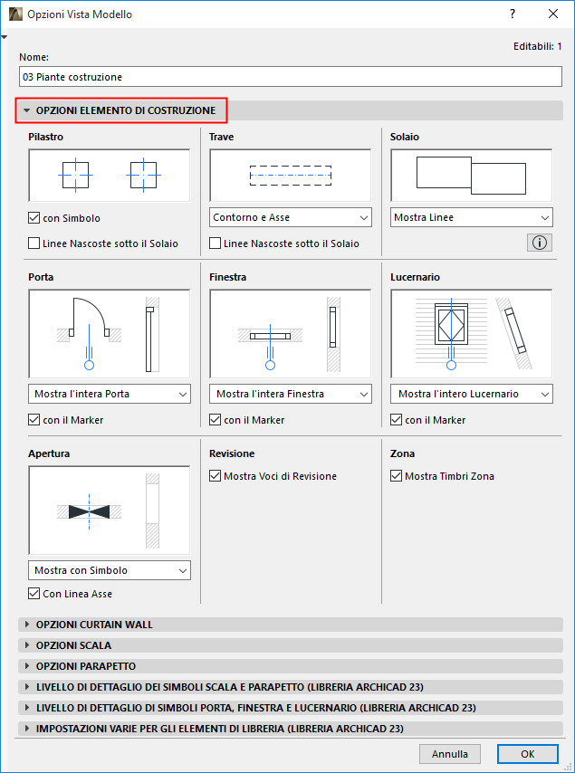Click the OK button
(528, 754)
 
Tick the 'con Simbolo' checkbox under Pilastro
(34, 218)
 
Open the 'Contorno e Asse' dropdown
(291, 217)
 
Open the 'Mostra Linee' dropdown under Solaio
(472, 217)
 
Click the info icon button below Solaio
(540, 243)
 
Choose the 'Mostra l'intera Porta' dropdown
(110, 394)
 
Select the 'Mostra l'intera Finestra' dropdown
(291, 394)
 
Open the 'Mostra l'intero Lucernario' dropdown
(472, 394)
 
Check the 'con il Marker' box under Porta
(34, 420)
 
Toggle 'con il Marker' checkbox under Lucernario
(396, 420)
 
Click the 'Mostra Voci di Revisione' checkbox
(215, 476)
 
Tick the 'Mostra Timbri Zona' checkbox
(396, 476)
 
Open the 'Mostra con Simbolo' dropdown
(110, 570)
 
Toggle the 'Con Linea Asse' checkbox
(34, 594)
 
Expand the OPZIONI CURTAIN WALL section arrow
(27, 625)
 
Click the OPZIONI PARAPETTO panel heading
(86, 666)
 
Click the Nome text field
(291, 77)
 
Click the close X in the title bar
(553, 14)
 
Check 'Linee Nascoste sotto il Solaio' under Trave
(215, 243)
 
